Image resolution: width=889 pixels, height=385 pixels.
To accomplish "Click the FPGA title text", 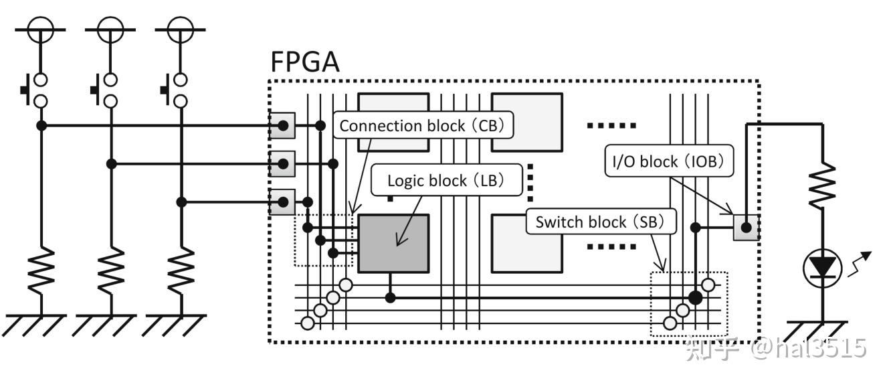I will (304, 62).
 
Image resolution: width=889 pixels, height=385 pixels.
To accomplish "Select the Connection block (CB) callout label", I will (422, 125).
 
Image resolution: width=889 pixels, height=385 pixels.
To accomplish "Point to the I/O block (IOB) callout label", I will (668, 161).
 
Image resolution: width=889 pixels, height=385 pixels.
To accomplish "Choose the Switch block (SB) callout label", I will (601, 222).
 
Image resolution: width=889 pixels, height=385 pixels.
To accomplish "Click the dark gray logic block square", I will (393, 243).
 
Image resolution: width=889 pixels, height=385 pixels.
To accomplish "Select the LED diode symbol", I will (821, 267).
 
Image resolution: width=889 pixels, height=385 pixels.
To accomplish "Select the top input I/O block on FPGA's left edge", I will (282, 125).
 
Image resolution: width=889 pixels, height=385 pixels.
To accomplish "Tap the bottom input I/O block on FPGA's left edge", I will (282, 202).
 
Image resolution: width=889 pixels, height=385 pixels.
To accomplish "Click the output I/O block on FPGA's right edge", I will (746, 228).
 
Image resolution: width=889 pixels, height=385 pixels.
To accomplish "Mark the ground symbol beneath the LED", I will (821, 330).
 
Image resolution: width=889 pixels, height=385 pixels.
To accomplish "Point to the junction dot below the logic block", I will (390, 297).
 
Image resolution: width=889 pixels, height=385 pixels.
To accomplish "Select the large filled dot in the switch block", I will (696, 297).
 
